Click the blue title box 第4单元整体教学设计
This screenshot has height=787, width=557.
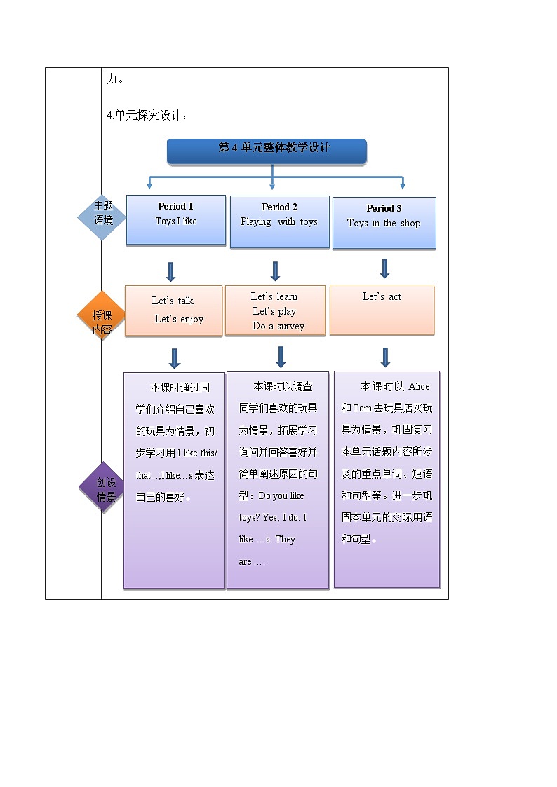click(267, 151)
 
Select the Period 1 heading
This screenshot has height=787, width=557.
click(175, 206)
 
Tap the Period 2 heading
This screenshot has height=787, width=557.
click(279, 207)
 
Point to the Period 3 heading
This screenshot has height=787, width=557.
click(384, 208)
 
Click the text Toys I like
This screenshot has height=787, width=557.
click(176, 221)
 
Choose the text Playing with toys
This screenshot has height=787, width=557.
click(278, 222)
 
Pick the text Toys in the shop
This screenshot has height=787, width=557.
click(384, 224)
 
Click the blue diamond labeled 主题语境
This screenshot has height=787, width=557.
click(102, 217)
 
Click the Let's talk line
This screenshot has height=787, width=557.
click(173, 301)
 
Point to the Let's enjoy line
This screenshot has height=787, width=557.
click(179, 319)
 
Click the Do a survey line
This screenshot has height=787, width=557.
click(278, 326)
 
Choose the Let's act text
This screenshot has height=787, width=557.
click(382, 296)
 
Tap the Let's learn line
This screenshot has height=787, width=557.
click(274, 296)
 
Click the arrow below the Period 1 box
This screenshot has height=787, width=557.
click(170, 272)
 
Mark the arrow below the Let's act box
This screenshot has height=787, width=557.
click(385, 357)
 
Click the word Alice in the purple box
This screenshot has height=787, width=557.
click(419, 386)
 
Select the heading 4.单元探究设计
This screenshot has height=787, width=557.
click(147, 116)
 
